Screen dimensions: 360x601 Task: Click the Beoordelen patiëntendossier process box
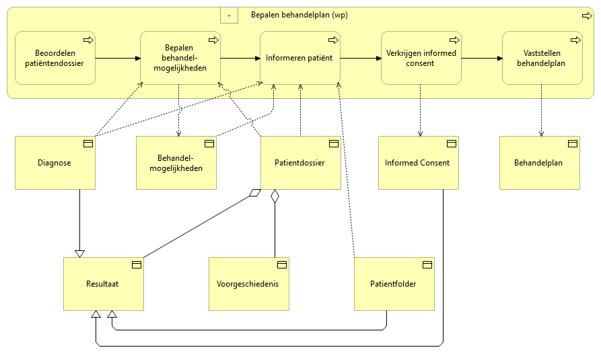point(55,58)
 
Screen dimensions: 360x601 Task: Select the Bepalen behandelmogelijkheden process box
point(180,58)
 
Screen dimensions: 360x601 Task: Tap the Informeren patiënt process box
point(300,58)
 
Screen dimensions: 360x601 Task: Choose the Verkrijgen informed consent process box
point(421,58)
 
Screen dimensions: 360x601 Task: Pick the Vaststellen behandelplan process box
point(542,58)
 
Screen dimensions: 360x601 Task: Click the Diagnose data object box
point(55,163)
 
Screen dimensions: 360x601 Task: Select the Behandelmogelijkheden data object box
point(176,163)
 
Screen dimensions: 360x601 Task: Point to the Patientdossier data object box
point(300,163)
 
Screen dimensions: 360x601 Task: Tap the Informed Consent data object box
point(418,163)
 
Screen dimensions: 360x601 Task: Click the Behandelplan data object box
point(539,163)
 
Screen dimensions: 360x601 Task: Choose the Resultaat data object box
point(104,284)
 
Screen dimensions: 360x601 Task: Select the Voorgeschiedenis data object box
point(248,284)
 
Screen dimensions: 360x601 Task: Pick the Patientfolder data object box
point(394,284)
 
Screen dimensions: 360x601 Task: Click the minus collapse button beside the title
point(229,14)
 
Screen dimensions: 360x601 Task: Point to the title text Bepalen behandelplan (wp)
point(299,15)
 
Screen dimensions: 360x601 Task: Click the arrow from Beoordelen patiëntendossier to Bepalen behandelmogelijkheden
point(118,58)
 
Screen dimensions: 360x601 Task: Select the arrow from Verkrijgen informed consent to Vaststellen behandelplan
point(482,58)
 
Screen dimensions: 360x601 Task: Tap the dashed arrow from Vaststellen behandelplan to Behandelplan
point(542,111)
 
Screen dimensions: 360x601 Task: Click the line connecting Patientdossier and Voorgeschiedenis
point(274,229)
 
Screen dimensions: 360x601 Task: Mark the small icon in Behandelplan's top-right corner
point(573,143)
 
